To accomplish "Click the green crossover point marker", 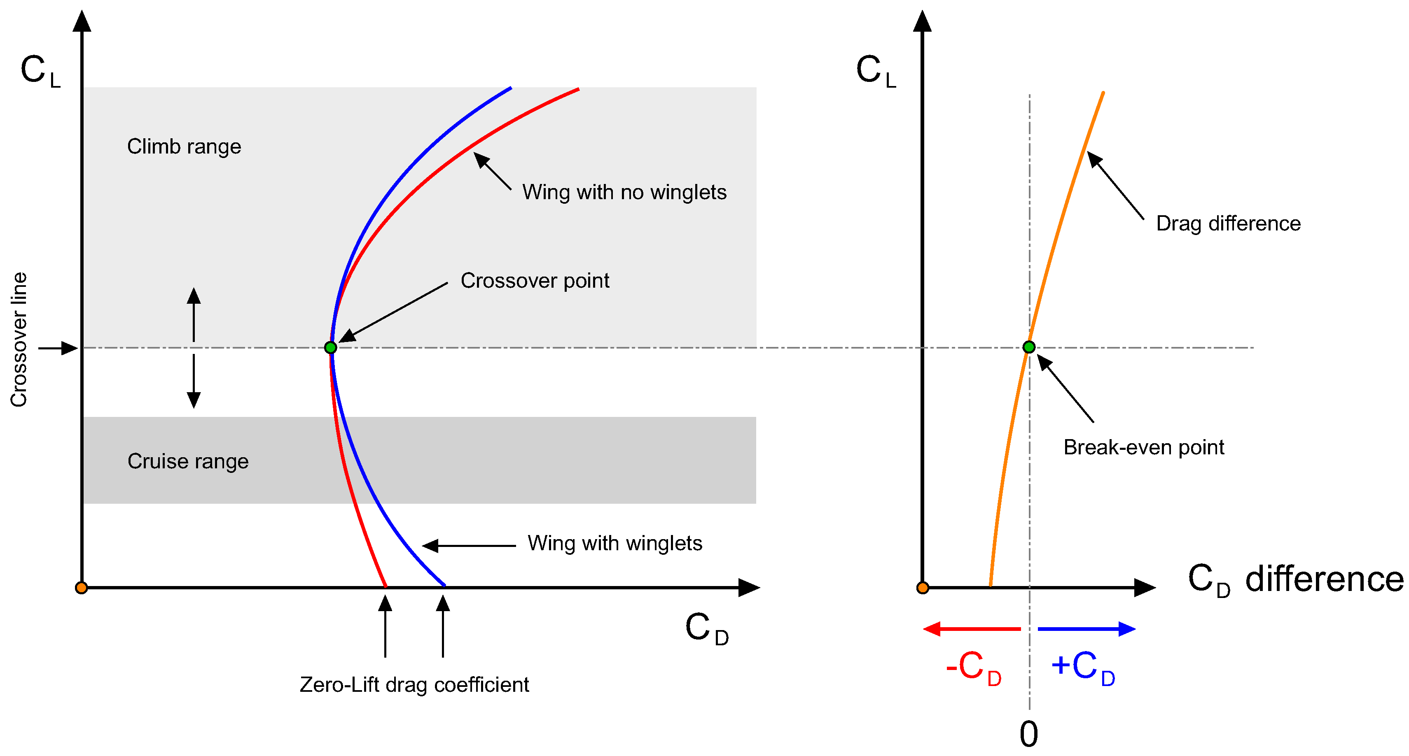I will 330,348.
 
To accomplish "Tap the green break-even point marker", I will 1029,347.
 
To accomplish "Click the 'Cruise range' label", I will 188,461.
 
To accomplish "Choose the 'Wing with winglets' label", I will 615,543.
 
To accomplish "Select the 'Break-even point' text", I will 1143,447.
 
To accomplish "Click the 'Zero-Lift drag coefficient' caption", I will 414,684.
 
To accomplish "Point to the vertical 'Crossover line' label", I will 19,340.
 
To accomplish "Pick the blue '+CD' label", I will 1082,667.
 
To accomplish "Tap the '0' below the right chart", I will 1029,734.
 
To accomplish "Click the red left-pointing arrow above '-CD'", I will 972,629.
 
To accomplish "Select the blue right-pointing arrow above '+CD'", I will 1086,629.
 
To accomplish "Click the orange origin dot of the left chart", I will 82,588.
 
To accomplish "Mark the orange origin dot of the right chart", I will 923,588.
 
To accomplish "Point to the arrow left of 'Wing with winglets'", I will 469,546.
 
